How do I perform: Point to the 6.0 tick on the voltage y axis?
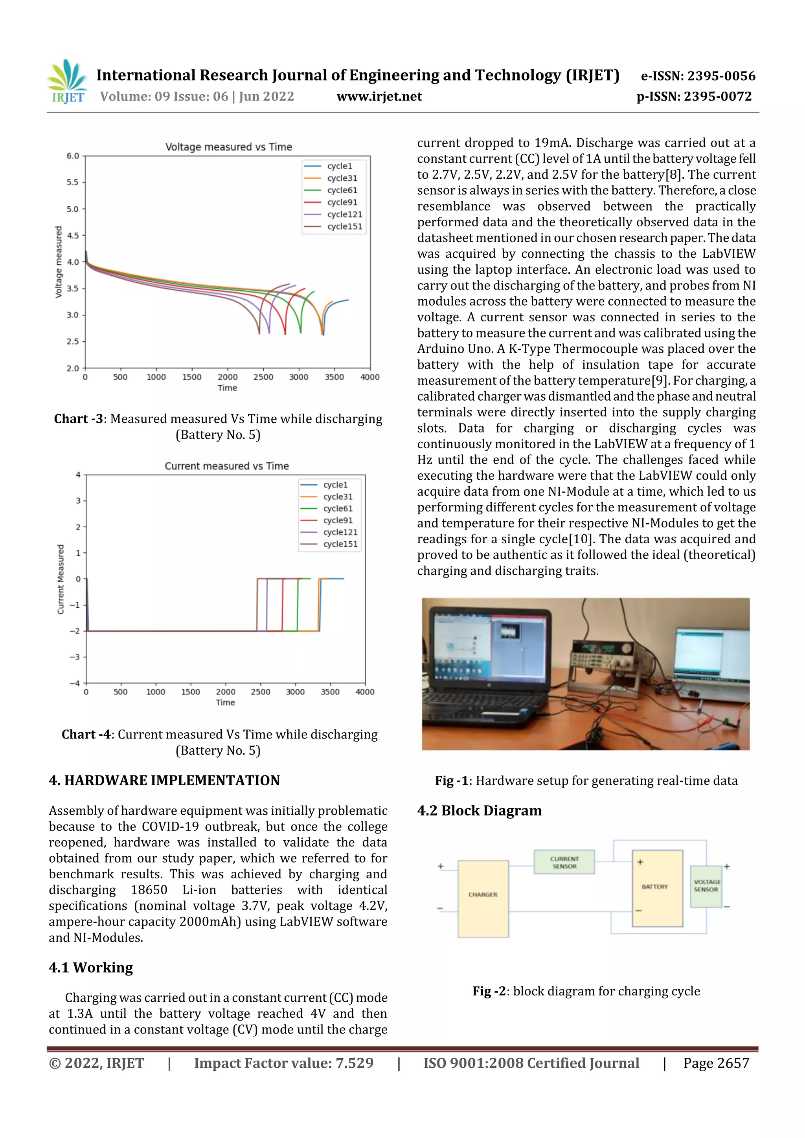[73, 156]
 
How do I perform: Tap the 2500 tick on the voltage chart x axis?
[263, 377]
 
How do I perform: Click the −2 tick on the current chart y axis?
[75, 631]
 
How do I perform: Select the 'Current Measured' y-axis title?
[61, 579]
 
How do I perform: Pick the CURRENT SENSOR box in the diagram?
[564, 862]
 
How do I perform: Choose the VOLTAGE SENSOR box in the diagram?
[706, 886]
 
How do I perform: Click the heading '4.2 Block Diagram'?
[479, 810]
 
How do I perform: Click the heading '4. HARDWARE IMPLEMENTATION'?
[164, 780]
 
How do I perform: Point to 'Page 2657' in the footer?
[716, 1063]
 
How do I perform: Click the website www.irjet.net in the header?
[379, 97]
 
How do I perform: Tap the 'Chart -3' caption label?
[78, 419]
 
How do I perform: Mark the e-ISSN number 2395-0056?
[720, 76]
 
